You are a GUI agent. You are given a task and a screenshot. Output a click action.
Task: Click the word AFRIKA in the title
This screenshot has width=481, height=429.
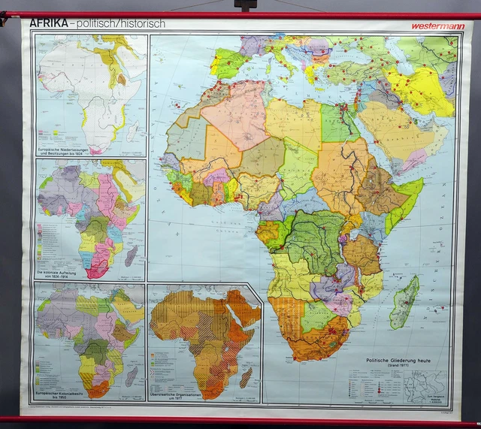[x=49, y=23]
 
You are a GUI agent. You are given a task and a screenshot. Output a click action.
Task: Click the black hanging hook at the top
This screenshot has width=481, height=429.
[x=245, y=5]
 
